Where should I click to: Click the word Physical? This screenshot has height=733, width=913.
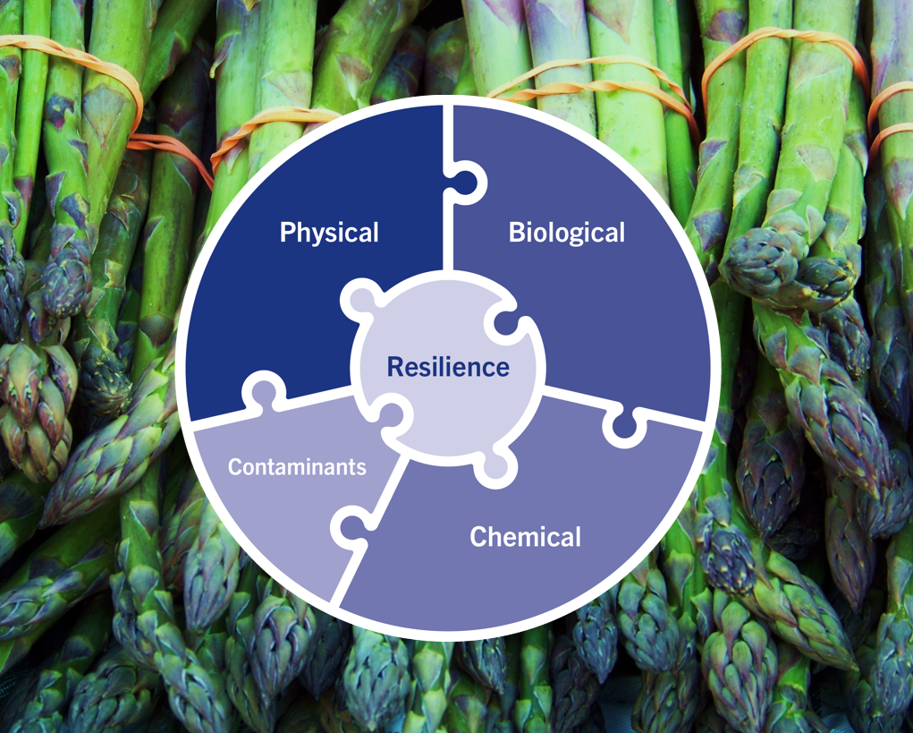coord(329,233)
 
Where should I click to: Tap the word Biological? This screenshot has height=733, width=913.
coord(567,233)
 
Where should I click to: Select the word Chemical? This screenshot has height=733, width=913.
coord(525,537)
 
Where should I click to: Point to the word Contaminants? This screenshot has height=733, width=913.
coord(297,466)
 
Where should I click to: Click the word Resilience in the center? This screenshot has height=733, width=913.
coord(448,367)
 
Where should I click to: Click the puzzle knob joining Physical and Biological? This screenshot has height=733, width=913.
coord(465,183)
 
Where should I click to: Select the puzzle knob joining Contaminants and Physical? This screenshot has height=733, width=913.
coord(264,392)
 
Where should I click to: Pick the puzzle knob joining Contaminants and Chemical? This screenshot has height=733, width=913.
coord(351,524)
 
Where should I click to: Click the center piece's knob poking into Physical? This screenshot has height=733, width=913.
coord(362,300)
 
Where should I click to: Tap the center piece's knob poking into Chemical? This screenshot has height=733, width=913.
coord(496,466)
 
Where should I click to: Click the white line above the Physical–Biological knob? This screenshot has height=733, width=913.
coord(448,134)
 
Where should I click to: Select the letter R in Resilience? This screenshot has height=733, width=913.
coord(396,367)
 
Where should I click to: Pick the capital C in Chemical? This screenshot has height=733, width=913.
coord(478,537)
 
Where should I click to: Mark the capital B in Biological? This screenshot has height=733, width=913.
coord(517,233)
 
